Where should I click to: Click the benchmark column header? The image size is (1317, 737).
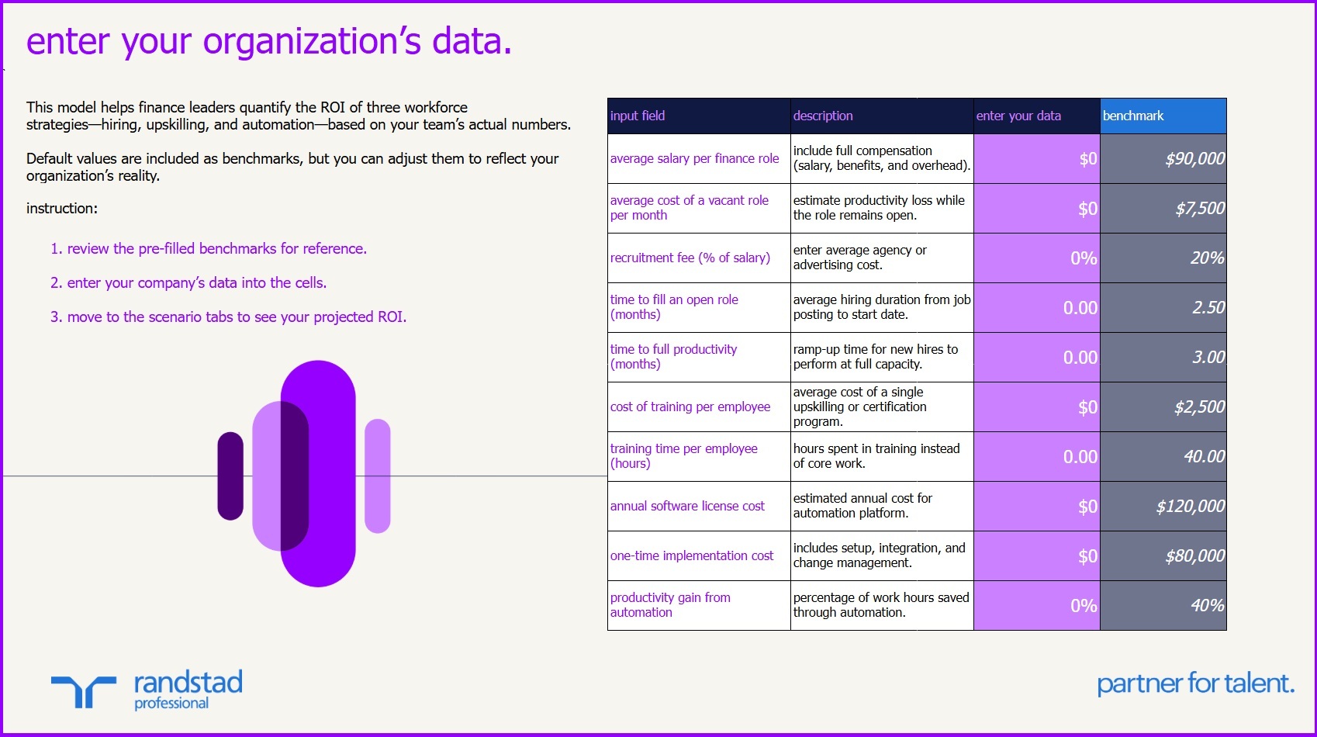pos(1163,116)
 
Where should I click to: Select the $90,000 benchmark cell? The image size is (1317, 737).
pos(1163,159)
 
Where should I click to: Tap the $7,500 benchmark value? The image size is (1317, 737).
pos(1163,209)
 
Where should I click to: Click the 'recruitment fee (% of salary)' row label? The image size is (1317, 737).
pos(690,258)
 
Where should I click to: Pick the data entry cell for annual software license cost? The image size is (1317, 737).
pos(1036,507)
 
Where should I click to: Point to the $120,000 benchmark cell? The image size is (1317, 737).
pos(1163,507)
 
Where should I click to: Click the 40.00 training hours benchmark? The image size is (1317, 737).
pos(1163,457)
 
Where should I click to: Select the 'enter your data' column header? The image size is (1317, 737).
pos(1036,116)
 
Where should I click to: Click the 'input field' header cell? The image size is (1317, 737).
pos(698,116)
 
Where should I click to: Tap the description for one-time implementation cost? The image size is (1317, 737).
pos(881,555)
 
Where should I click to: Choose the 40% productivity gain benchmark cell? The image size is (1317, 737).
pos(1163,606)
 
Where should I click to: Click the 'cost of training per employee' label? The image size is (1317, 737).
pos(690,407)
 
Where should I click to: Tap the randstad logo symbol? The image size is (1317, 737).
pos(84,690)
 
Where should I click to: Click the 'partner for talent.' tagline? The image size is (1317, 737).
pos(1194,684)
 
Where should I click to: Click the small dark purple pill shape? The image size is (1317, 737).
pos(230,476)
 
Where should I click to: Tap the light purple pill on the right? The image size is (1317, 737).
pos(378,476)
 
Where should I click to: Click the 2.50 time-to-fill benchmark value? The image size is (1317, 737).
pos(1163,308)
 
